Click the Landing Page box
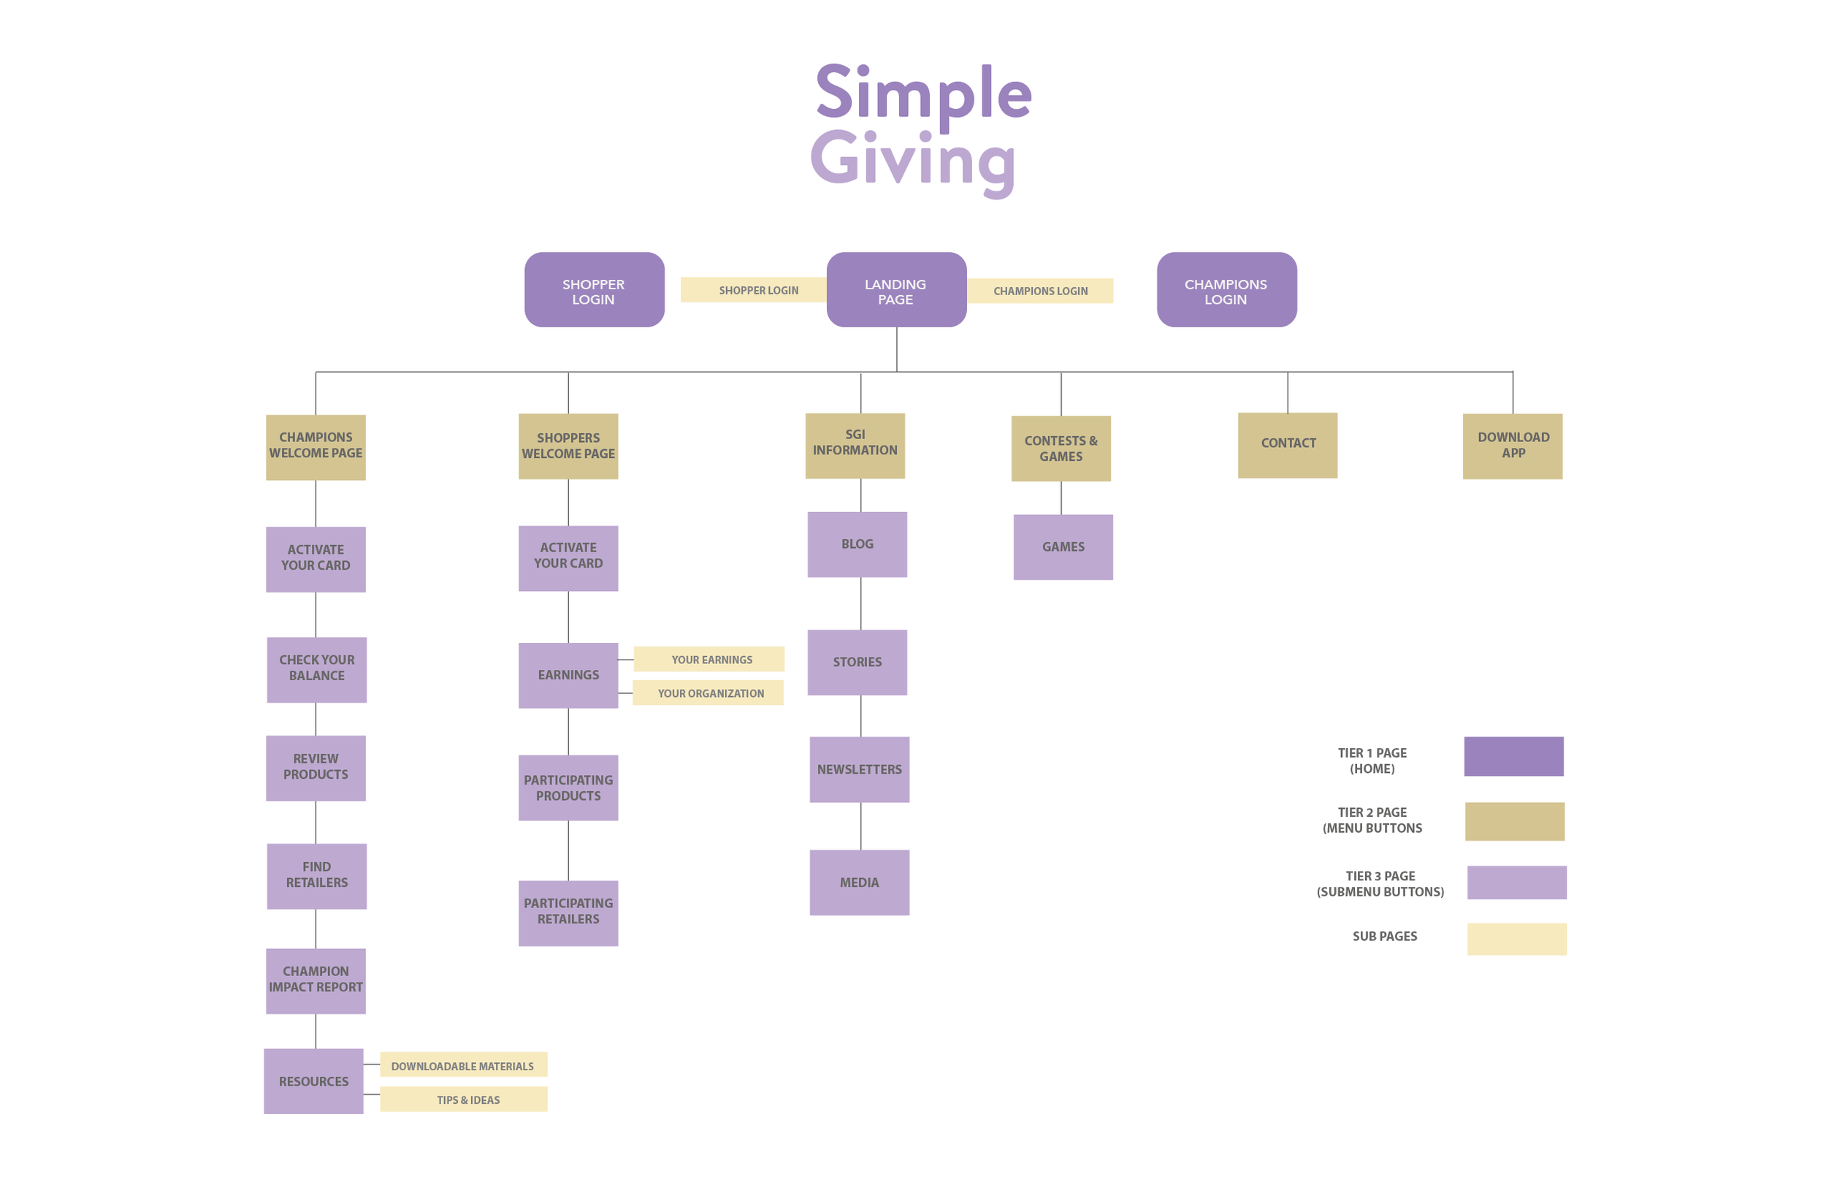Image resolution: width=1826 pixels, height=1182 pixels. click(x=896, y=289)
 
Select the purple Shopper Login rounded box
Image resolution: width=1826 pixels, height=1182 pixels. click(x=594, y=289)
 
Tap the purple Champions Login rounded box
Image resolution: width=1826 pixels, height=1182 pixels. click(x=1226, y=289)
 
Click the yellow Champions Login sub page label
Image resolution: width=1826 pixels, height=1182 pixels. click(x=1039, y=291)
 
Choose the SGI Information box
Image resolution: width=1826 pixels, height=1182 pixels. click(x=855, y=445)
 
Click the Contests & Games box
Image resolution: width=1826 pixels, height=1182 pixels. click(x=1061, y=449)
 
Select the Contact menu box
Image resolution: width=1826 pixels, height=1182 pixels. click(x=1287, y=444)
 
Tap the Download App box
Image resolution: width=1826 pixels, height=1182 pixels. click(x=1511, y=446)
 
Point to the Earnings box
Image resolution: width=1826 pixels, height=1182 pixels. click(x=568, y=675)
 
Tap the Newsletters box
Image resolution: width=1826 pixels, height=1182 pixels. click(x=858, y=769)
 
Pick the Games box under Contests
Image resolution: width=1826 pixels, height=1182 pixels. click(x=1063, y=546)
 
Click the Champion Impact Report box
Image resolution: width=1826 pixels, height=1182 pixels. click(x=316, y=980)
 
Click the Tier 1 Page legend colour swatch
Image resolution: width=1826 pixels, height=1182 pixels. click(x=1513, y=756)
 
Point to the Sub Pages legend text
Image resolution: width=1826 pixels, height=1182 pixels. click(x=1384, y=936)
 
